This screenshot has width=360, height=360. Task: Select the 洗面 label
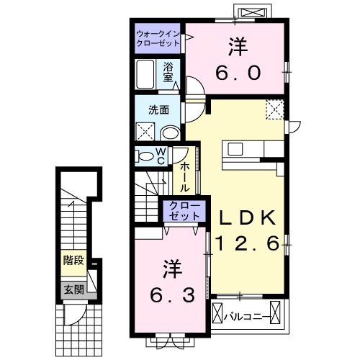(x=158, y=110)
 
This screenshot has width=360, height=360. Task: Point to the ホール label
(x=184, y=176)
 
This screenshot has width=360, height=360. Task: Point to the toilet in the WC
(x=145, y=156)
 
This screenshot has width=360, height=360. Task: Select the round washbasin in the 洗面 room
(x=170, y=133)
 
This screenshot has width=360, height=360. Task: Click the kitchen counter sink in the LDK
(x=237, y=149)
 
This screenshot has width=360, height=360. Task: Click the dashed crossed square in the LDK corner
(x=274, y=109)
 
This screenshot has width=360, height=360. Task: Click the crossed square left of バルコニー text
(x=220, y=315)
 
